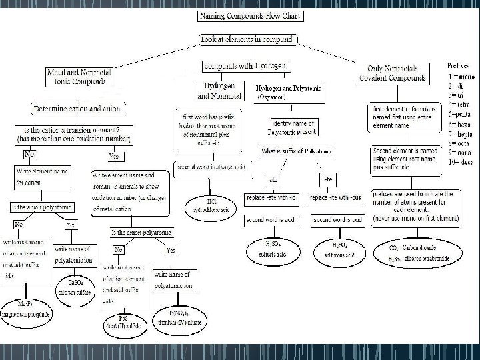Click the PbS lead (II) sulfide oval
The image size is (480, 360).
[120, 321]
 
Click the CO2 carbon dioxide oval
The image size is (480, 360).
[407, 250]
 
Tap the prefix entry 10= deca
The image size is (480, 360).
[459, 161]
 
